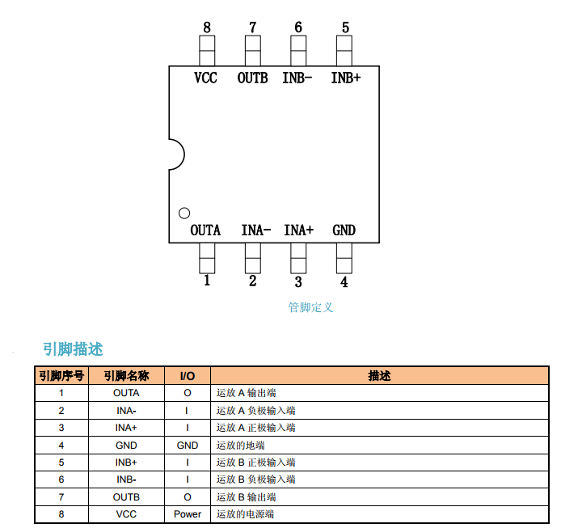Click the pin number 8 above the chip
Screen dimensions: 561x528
207,27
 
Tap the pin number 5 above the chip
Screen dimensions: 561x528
345,27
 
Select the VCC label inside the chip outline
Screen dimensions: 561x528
205,78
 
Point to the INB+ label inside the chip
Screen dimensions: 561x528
346,78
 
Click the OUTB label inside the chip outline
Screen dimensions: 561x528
252,78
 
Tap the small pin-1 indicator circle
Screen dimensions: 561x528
184,213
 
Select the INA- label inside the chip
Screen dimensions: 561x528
255,230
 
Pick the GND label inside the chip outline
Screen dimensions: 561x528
344,230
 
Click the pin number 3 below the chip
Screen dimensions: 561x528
298,282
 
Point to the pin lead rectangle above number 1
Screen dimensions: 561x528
207,259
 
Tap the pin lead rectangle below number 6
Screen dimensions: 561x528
298,50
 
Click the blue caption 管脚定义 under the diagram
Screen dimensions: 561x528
310,307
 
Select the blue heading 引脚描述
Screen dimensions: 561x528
73,349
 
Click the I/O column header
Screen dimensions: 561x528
188,376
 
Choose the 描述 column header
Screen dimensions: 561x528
380,376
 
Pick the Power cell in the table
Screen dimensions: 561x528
188,514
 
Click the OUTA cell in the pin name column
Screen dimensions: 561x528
126,393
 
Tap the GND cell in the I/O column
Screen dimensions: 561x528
188,446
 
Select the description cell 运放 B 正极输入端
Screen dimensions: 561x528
255,463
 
